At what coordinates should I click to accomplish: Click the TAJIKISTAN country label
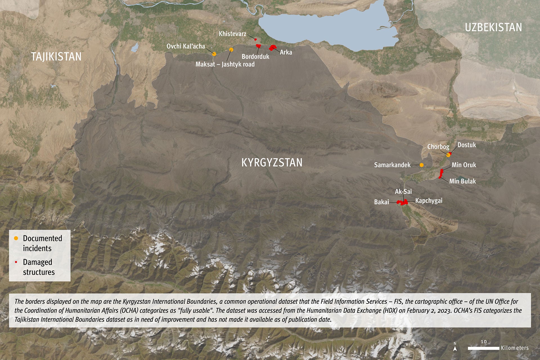tap(56, 57)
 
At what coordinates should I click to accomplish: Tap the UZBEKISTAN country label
tap(493, 28)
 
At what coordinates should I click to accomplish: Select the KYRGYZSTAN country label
tap(272, 163)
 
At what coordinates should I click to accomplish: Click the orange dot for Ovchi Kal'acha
tap(214, 54)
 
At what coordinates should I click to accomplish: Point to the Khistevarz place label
tap(232, 34)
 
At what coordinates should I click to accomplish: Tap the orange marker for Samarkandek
tap(421, 165)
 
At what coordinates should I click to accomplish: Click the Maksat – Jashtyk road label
tap(225, 64)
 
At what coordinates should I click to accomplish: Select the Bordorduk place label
tap(255, 57)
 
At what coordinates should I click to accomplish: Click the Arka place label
tap(286, 52)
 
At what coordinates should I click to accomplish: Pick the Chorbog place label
tap(438, 147)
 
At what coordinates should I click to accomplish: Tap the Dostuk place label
tap(467, 145)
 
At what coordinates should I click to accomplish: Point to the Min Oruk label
tap(464, 165)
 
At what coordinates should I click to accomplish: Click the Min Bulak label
tap(462, 181)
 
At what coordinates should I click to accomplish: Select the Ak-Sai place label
tap(403, 192)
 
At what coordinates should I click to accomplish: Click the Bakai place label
tap(381, 202)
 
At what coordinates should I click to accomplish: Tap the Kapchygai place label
tap(429, 201)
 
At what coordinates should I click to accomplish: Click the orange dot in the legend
tap(16, 238)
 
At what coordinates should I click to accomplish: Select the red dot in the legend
tap(16, 262)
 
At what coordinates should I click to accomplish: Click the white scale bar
tap(483, 348)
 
